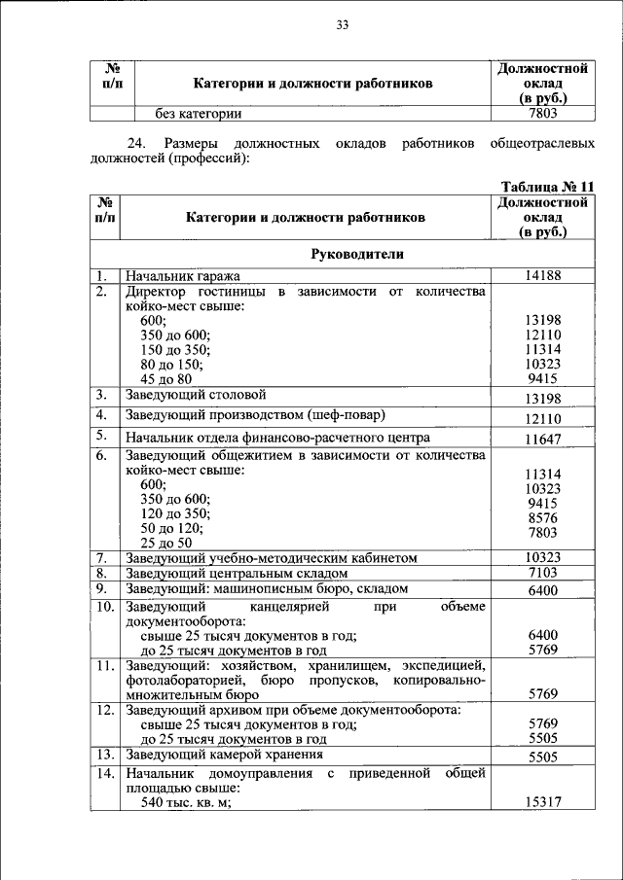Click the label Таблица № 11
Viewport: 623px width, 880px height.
pyautogui.click(x=546, y=187)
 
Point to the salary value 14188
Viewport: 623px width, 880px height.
pyautogui.click(x=543, y=276)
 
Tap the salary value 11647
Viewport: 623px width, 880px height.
pyautogui.click(x=543, y=440)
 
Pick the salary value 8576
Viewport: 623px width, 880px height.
pyautogui.click(x=543, y=518)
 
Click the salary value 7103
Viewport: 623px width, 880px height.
pyautogui.click(x=543, y=574)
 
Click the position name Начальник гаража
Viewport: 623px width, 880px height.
pyautogui.click(x=182, y=276)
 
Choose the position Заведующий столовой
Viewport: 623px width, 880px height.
pyautogui.click(x=195, y=396)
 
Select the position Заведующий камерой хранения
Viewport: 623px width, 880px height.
pyautogui.click(x=223, y=755)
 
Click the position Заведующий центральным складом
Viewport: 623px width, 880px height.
pyautogui.click(x=236, y=574)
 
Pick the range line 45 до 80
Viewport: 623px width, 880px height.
pyautogui.click(x=166, y=379)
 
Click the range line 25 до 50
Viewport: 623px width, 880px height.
pyautogui.click(x=166, y=543)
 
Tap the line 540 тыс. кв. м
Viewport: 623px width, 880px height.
pyautogui.click(x=190, y=803)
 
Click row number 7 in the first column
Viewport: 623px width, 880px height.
pyautogui.click(x=100, y=558)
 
